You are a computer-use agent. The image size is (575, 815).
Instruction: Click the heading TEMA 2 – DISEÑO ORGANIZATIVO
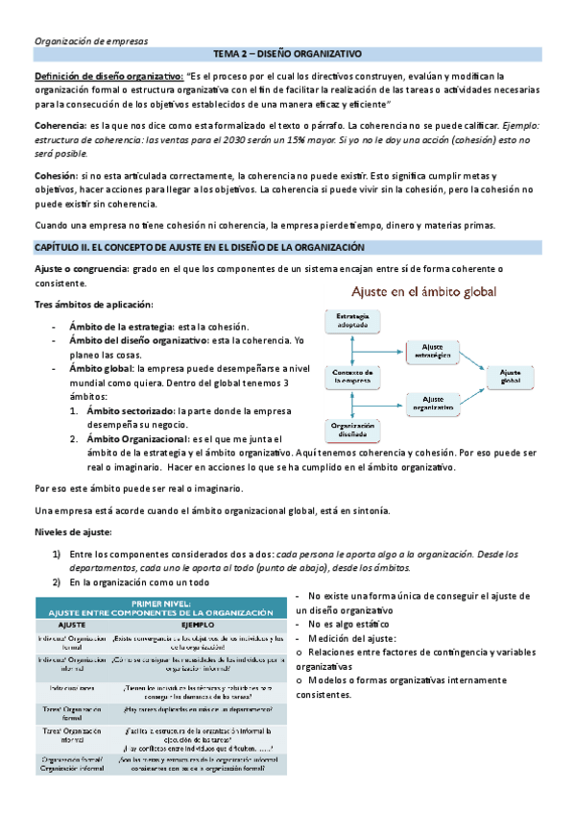pos(286,57)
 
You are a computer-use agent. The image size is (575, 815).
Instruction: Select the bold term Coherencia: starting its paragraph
pos(60,126)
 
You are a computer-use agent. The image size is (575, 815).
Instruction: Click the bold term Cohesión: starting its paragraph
pos(56,176)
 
